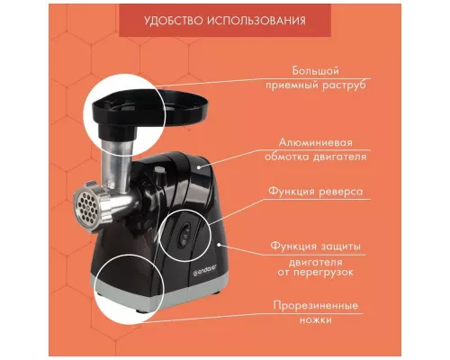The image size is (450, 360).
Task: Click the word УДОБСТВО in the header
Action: point(177,19)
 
